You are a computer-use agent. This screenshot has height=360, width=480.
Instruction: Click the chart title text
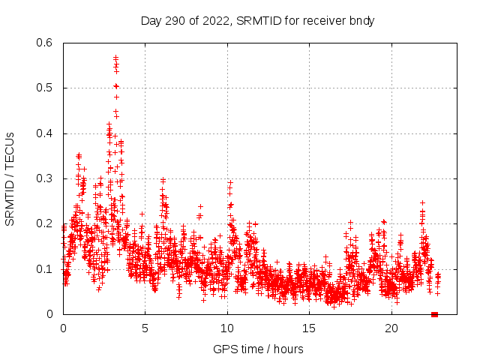pos(257,20)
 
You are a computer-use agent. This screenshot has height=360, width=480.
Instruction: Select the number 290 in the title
pos(176,20)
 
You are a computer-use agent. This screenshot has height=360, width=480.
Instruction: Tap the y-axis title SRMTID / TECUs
pos(10,178)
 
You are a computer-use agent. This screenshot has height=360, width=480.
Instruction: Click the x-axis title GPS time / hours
pos(257,349)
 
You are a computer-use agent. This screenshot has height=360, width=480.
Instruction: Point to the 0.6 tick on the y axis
pos(46,43)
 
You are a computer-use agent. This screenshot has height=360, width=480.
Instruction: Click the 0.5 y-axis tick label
pos(46,88)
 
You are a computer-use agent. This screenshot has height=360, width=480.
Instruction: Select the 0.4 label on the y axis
pos(46,133)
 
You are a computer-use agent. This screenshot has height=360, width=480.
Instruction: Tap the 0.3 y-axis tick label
pos(46,178)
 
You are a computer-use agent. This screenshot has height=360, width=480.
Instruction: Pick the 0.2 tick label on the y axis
pos(46,223)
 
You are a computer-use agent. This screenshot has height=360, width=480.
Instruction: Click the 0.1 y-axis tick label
pos(46,268)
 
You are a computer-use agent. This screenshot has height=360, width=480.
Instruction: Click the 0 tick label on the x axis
pos(63,328)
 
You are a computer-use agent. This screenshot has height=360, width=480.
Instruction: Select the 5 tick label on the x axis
pos(145,328)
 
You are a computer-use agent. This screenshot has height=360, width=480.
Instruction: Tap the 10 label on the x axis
pos(227,328)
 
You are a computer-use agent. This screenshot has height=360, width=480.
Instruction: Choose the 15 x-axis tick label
pos(310,328)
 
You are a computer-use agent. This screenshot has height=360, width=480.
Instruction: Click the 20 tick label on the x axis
pos(391,328)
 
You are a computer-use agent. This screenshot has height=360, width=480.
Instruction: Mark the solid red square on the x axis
pos(435,314)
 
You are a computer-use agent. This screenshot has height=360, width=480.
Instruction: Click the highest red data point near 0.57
pos(116,57)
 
